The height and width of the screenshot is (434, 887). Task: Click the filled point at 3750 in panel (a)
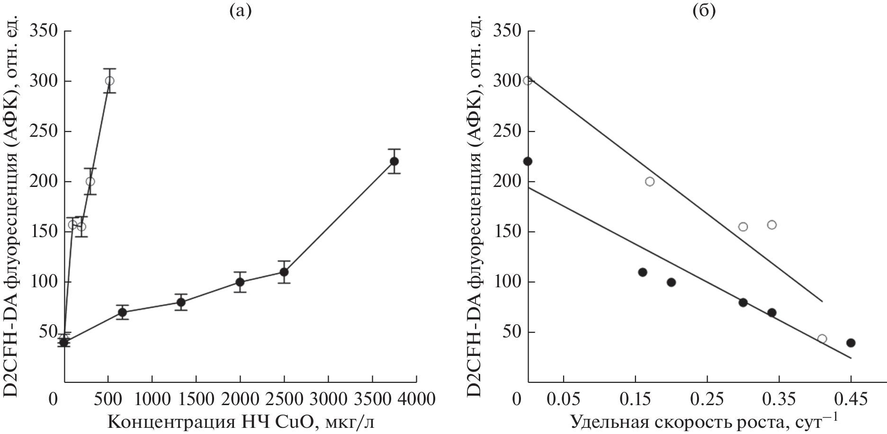coord(394,161)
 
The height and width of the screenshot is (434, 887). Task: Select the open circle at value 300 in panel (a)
coord(109,81)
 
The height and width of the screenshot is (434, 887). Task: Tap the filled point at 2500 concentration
coord(284,272)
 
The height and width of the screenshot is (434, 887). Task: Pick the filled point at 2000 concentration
coord(240,282)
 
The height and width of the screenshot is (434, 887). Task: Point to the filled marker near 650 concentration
coord(122,312)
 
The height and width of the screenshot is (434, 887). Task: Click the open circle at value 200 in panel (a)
coord(90,182)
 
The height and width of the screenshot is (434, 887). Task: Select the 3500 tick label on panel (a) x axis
coord(372,399)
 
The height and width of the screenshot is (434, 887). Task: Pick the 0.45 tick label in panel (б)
coord(851,399)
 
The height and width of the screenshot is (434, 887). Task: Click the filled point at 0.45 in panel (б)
coord(851,343)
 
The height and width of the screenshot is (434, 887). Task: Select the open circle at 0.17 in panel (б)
coord(650,182)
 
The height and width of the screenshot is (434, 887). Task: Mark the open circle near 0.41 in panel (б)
coord(822,339)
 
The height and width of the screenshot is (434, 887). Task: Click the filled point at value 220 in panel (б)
coord(528,161)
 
